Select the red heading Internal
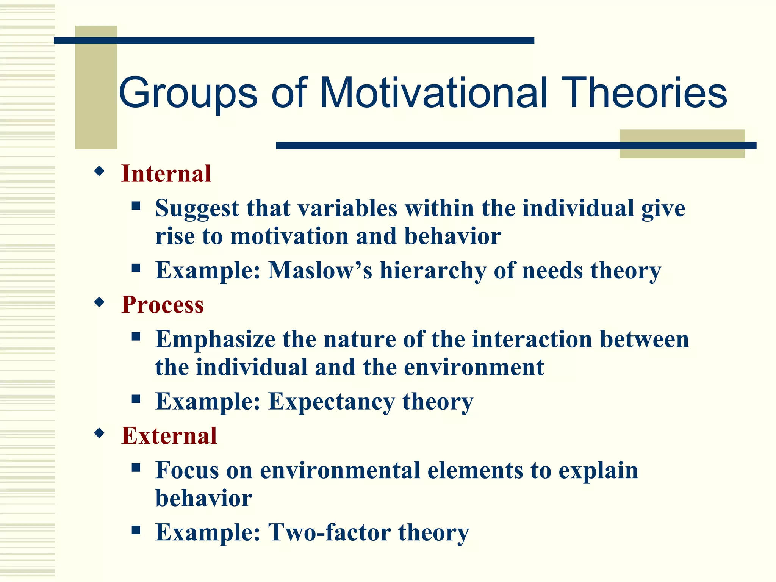click(x=166, y=174)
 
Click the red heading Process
click(x=163, y=305)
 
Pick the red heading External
click(x=169, y=436)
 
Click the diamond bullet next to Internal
click(x=99, y=171)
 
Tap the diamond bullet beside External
click(x=99, y=433)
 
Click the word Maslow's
click(x=320, y=271)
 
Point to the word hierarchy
click(x=433, y=271)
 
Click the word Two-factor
click(x=330, y=532)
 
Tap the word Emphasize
click(x=215, y=339)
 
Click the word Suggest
click(x=197, y=209)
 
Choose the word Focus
click(x=187, y=470)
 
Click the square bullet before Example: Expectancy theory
click(x=136, y=399)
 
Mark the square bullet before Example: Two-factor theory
click(x=136, y=529)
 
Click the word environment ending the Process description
click(x=474, y=368)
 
